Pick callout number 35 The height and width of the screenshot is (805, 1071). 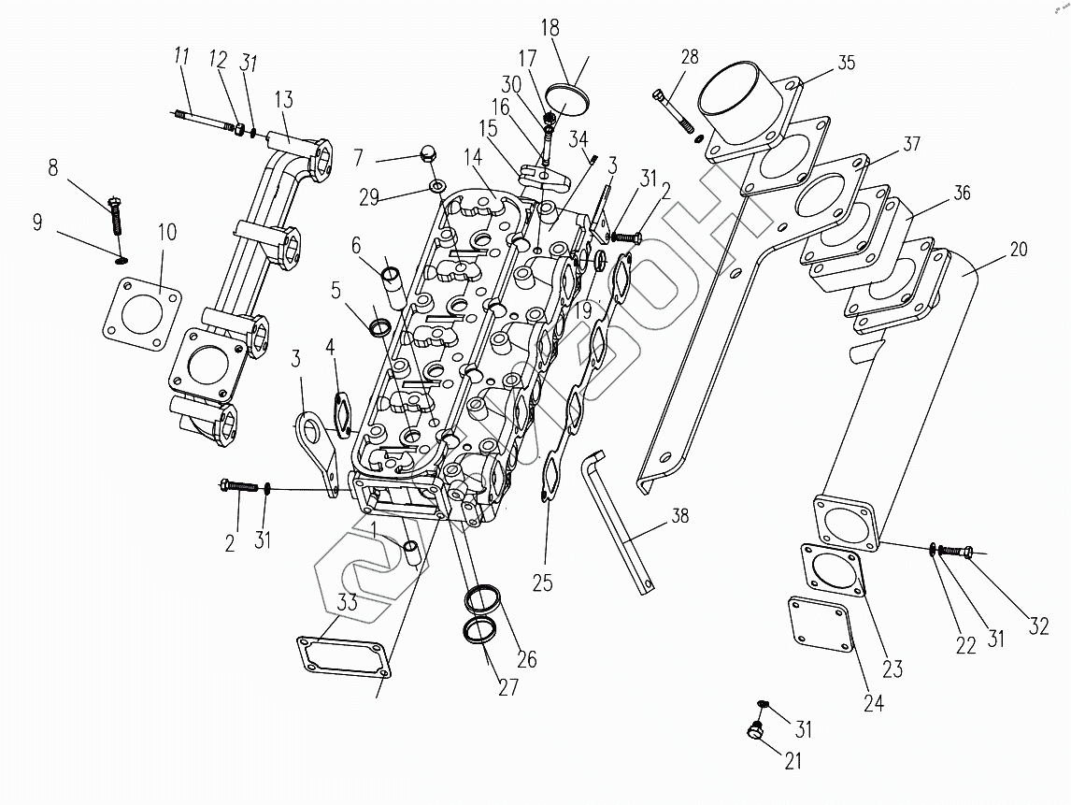click(x=845, y=64)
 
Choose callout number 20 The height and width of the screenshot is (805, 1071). click(x=1018, y=249)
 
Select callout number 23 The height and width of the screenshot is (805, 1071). click(x=892, y=668)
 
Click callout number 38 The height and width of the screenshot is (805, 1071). click(x=679, y=515)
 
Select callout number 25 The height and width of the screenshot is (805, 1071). click(x=542, y=583)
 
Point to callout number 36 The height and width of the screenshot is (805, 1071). click(x=962, y=194)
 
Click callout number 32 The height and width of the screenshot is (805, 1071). click(x=1038, y=626)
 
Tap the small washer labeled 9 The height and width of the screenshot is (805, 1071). click(x=121, y=258)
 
